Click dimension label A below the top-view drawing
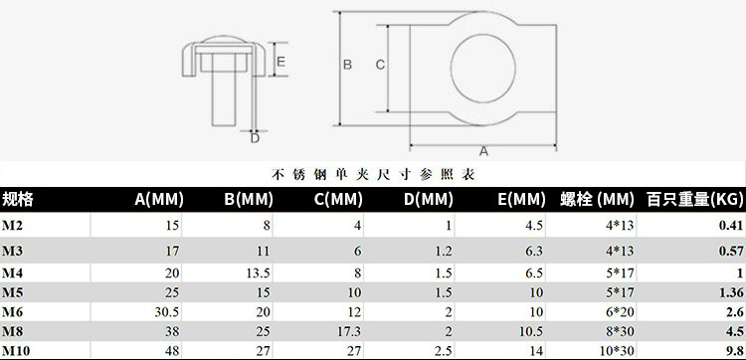(483, 151)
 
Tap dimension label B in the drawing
(347, 65)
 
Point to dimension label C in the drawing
(380, 65)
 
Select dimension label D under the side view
(255, 138)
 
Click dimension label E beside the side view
(280, 62)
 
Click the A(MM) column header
(159, 199)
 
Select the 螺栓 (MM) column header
(597, 199)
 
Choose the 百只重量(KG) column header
(694, 199)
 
